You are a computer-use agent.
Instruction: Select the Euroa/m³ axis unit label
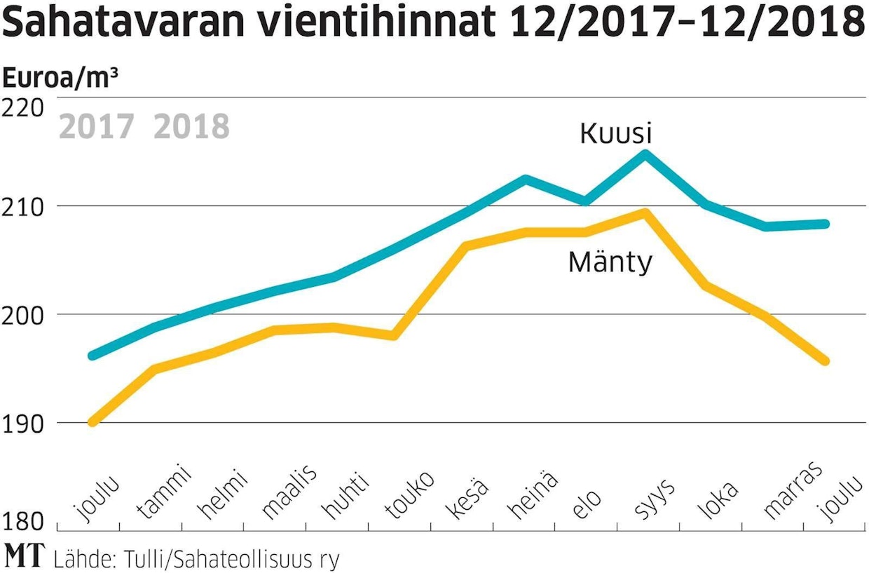tap(60, 78)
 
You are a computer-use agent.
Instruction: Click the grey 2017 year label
tap(97, 128)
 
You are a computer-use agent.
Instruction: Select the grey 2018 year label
tap(191, 128)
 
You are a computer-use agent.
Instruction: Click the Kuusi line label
tap(617, 133)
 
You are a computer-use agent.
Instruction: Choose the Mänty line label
tap(610, 262)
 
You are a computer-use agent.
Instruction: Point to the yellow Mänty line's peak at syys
tap(645, 212)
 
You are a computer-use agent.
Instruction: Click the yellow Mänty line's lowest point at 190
tap(93, 422)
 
